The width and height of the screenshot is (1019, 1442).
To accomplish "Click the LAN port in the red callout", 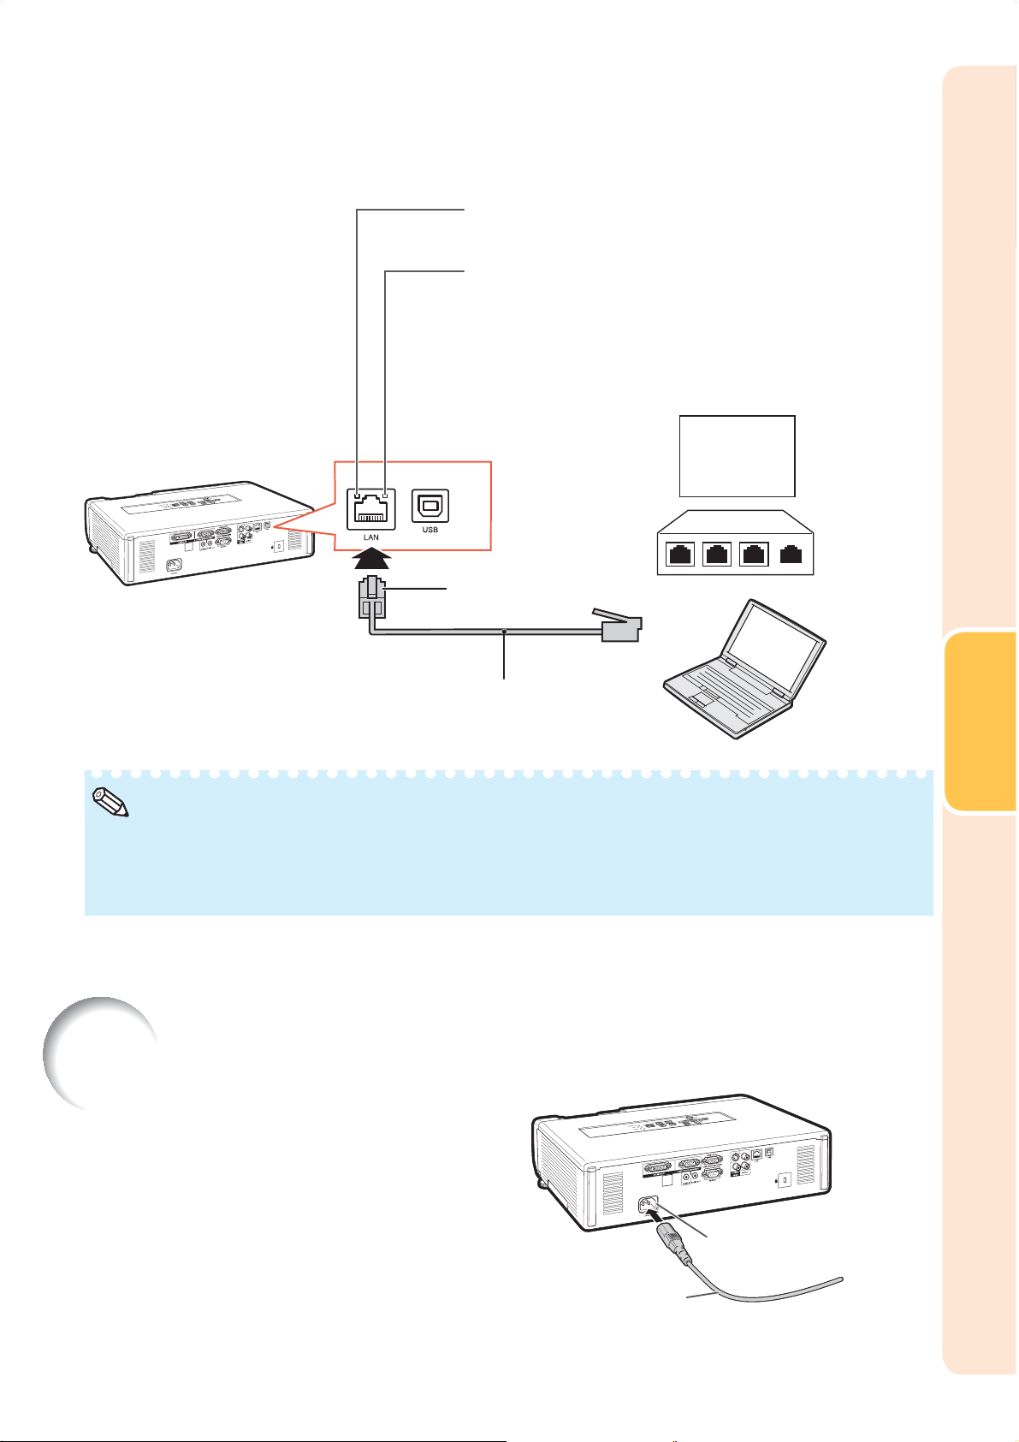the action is [x=371, y=510].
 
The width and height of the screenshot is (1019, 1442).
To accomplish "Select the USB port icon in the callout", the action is [x=430, y=507].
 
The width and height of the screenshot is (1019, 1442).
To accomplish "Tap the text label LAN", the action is [x=371, y=537].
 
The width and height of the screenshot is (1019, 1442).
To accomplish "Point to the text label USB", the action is [x=430, y=530].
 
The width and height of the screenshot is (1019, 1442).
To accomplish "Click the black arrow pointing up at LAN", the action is [x=371, y=560].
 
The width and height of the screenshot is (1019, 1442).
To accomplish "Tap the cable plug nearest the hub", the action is [x=618, y=627].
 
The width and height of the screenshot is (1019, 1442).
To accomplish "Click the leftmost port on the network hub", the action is [x=681, y=555].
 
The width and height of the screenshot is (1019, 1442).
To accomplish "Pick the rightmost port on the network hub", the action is [x=792, y=555].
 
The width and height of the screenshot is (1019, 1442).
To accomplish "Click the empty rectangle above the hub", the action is [x=737, y=455].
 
